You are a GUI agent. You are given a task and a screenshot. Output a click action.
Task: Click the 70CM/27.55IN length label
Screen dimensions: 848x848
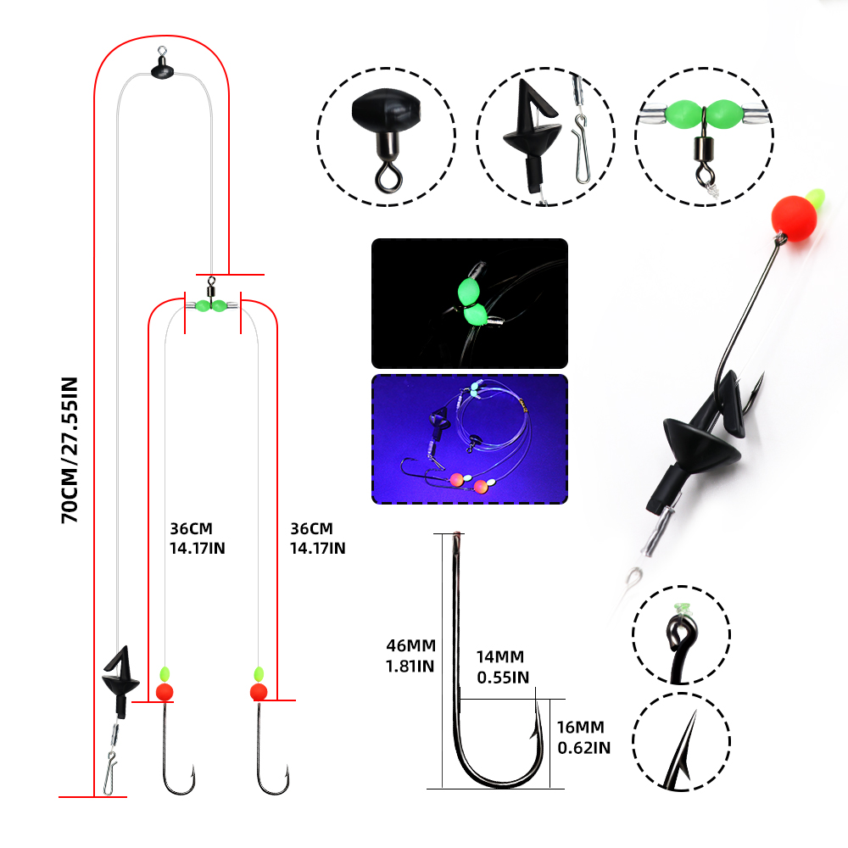pos(70,450)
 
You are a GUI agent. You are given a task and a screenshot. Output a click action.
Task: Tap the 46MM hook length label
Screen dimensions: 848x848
pos(410,656)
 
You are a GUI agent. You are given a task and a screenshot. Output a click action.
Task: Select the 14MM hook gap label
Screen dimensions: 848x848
pos(502,667)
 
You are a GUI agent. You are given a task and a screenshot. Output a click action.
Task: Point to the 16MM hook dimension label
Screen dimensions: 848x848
pos(583,738)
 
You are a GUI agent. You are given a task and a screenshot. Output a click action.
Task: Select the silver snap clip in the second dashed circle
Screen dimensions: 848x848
pos(581,148)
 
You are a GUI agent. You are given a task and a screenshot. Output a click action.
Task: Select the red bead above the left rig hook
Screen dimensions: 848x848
pos(165,692)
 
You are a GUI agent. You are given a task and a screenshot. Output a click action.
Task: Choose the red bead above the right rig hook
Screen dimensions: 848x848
pos(259,692)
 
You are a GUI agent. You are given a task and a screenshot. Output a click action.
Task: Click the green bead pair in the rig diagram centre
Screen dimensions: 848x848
pos(211,306)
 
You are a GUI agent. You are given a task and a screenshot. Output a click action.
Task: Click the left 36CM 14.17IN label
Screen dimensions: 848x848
pos(197,538)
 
